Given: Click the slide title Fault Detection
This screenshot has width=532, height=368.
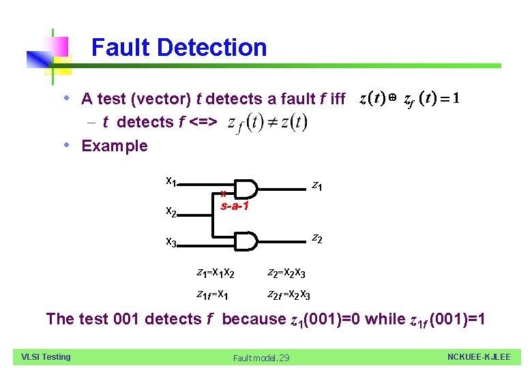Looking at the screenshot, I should pyautogui.click(x=179, y=48).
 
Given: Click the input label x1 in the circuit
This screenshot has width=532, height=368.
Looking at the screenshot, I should pyautogui.click(x=172, y=182).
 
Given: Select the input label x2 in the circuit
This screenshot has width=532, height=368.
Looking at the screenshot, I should pyautogui.click(x=172, y=213).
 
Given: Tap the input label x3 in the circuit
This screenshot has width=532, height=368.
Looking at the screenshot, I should pyautogui.click(x=172, y=242).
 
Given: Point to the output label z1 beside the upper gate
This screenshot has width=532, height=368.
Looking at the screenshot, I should pyautogui.click(x=317, y=185).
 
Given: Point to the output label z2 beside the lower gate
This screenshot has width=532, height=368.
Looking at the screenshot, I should pyautogui.click(x=317, y=239).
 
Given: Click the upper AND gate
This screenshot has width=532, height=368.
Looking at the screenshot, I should pyautogui.click(x=246, y=190).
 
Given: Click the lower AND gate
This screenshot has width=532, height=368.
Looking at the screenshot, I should pyautogui.click(x=246, y=241).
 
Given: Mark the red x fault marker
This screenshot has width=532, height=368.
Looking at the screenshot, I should pyautogui.click(x=224, y=194).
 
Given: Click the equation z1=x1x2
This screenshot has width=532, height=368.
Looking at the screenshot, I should pyautogui.click(x=216, y=273).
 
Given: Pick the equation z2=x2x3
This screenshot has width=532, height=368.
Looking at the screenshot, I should pyautogui.click(x=286, y=273).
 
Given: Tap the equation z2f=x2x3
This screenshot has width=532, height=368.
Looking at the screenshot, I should pyautogui.click(x=289, y=294).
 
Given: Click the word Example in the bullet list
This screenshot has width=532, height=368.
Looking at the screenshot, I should pyautogui.click(x=115, y=146).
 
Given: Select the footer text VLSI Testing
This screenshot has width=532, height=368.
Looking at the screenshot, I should pyautogui.click(x=46, y=356).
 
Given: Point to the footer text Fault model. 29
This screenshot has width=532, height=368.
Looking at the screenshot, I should pyautogui.click(x=261, y=358).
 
